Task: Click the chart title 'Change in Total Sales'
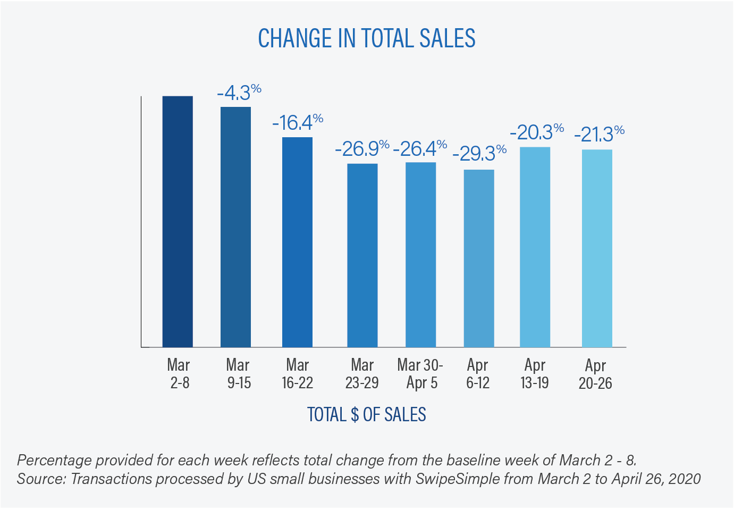tap(367, 38)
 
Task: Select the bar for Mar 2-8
tap(178, 222)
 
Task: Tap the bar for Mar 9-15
tap(235, 227)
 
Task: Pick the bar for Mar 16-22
tap(297, 243)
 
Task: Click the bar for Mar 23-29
tap(362, 255)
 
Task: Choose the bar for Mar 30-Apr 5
tap(420, 255)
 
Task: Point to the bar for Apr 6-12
tap(479, 258)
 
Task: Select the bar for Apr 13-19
tap(535, 247)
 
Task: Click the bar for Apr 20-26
tap(597, 248)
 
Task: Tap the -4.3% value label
tap(239, 93)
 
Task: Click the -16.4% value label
tap(298, 122)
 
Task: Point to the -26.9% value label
tap(362, 149)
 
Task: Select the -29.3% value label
tap(479, 154)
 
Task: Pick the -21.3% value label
tap(598, 134)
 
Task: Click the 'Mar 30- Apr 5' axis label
tap(420, 374)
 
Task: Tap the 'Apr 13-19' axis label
tap(535, 374)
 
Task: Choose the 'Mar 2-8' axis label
tap(179, 374)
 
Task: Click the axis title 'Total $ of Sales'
tap(367, 415)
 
